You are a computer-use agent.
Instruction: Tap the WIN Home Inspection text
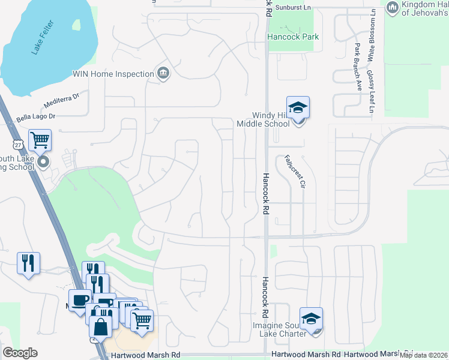click(113, 74)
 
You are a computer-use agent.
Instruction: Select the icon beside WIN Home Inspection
click(163, 74)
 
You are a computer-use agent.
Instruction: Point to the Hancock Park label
click(293, 37)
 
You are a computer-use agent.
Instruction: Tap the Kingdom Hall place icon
click(393, 7)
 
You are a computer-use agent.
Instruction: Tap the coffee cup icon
click(80, 300)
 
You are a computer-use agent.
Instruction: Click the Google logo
click(20, 353)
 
